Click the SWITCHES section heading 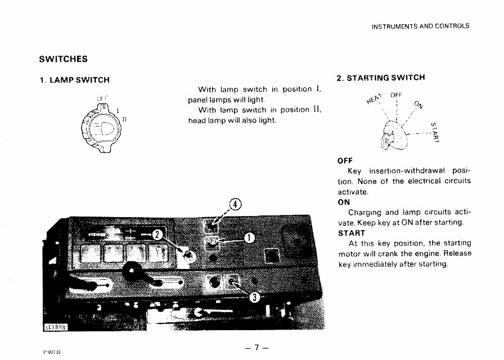point(63,59)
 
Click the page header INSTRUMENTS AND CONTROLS point(420,26)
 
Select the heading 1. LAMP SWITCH point(74,80)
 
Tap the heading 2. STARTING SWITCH point(380,78)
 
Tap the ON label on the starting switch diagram point(418,106)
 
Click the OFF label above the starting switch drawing point(397,94)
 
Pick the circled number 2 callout point(158,235)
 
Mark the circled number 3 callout point(254,298)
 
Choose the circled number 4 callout point(236,204)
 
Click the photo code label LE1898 point(56,327)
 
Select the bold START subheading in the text point(352,233)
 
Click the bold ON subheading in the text point(344,202)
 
